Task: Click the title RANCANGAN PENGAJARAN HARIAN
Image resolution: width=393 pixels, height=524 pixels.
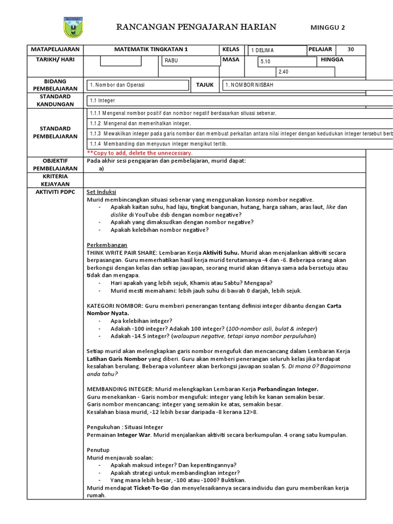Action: coord(196,27)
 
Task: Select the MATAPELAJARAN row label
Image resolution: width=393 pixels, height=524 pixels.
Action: coord(55,50)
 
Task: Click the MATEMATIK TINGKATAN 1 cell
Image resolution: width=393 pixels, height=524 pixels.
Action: coord(151,50)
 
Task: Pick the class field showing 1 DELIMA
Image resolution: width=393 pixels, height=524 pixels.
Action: coord(276,50)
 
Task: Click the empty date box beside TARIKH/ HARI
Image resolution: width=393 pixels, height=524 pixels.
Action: coord(120,61)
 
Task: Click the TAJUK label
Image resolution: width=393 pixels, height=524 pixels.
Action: coord(205,85)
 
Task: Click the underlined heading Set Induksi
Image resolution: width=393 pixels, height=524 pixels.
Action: coord(102,192)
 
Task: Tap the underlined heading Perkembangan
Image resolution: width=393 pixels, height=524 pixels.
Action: coord(107,245)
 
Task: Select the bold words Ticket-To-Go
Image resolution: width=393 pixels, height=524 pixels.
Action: coord(152,488)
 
